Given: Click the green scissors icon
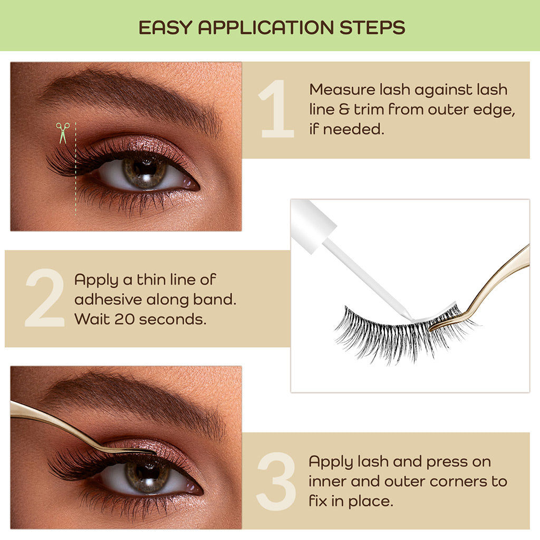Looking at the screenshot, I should [x=63, y=133].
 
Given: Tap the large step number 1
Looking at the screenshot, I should [x=277, y=110].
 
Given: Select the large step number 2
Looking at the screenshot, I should [x=45, y=298].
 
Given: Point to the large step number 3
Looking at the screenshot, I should [x=276, y=480].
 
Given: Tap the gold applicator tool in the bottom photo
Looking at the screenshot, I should [x=69, y=427].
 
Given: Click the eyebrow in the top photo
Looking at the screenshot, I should [x=132, y=95].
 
